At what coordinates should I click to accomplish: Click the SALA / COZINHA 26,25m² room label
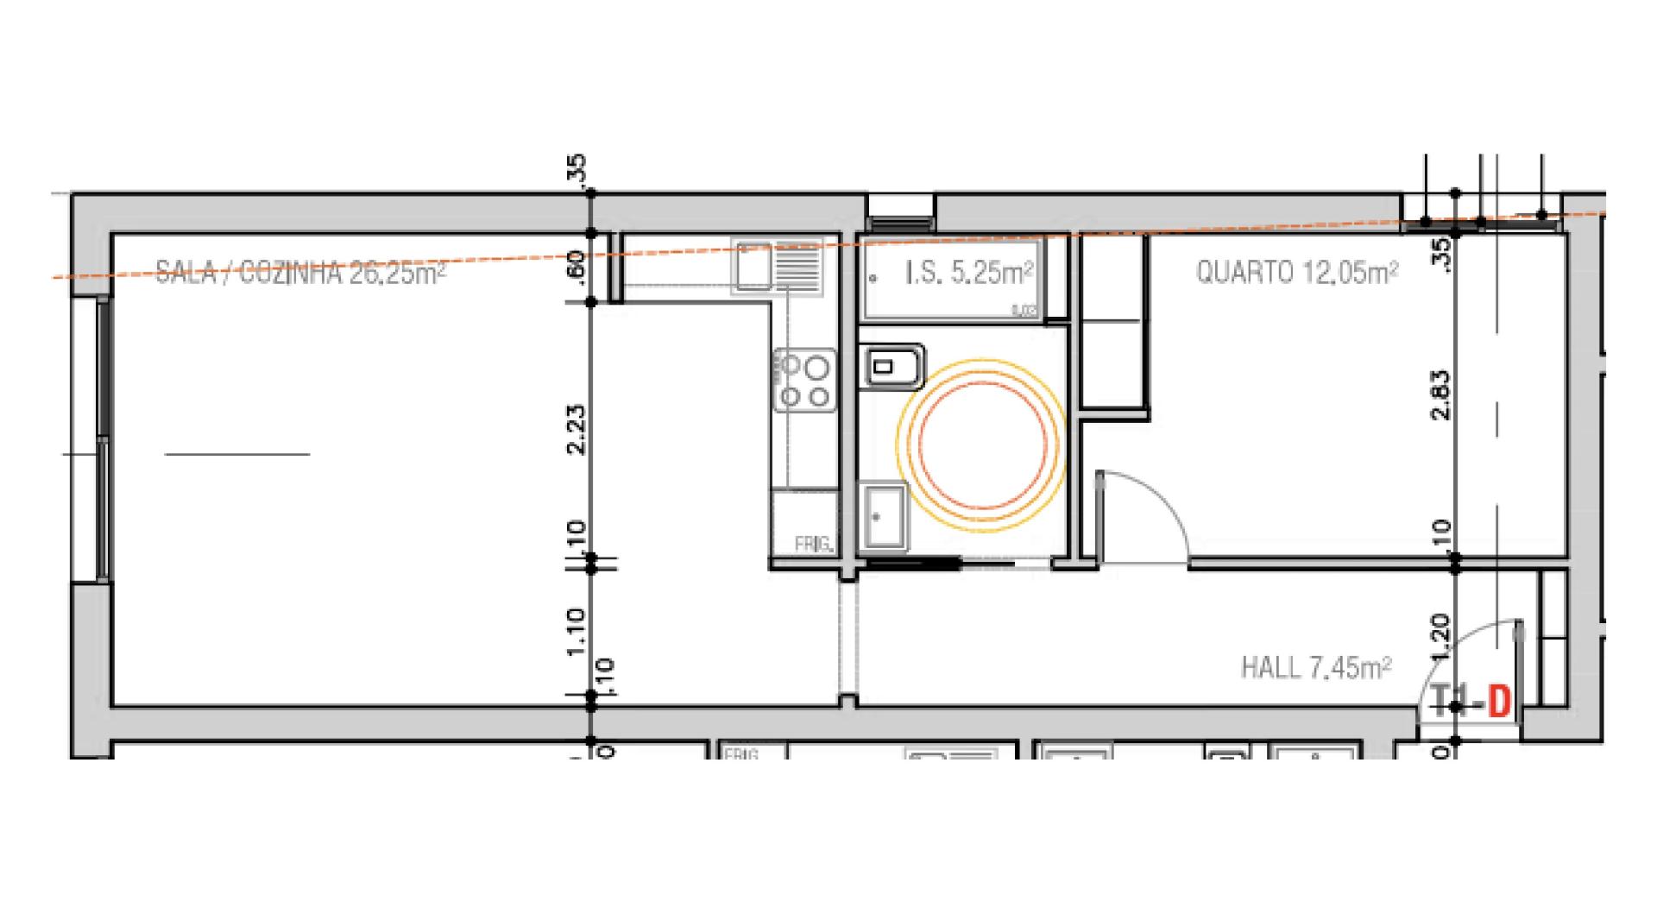tap(300, 274)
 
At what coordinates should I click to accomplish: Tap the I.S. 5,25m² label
tap(969, 274)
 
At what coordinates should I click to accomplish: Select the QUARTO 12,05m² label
tap(1296, 273)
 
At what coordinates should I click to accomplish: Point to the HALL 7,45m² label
tap(1315, 667)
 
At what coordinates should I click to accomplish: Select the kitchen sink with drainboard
tap(777, 266)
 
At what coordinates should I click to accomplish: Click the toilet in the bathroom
tap(891, 368)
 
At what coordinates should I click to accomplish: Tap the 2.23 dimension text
tap(577, 430)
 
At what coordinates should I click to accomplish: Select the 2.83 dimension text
tap(1440, 395)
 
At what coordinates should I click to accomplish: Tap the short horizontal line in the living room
tap(236, 454)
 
